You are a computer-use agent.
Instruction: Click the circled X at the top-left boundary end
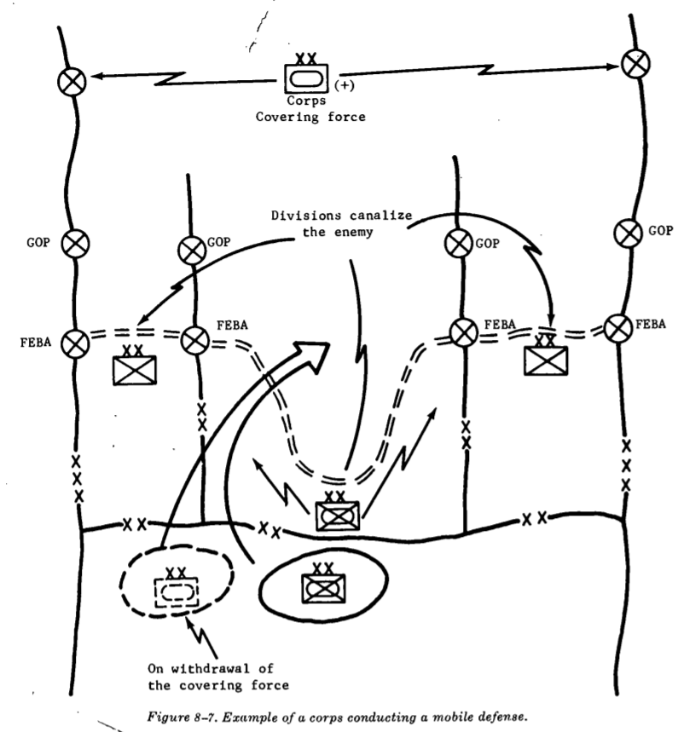point(69,82)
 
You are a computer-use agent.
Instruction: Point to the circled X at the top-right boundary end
point(633,63)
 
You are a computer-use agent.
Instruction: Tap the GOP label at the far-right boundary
point(659,230)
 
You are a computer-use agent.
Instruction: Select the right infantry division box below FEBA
point(545,358)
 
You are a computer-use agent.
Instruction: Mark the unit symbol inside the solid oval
point(323,586)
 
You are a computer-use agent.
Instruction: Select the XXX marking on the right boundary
point(625,465)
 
